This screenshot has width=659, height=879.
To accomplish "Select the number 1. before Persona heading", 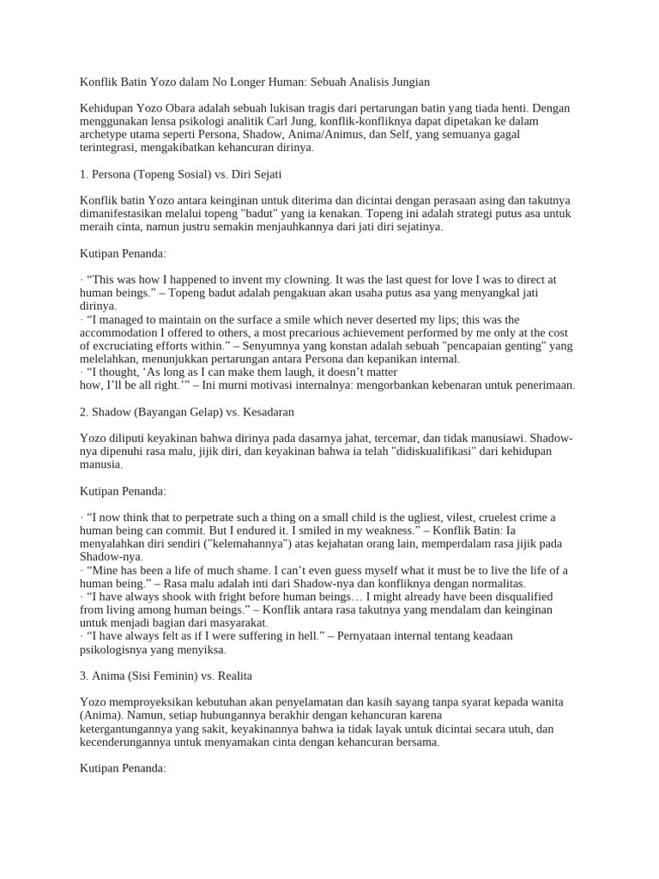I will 84,174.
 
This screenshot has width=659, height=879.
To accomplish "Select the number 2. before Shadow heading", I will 84,412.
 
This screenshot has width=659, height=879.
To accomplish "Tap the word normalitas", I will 495,584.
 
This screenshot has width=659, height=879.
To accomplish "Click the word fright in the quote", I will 198,597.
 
